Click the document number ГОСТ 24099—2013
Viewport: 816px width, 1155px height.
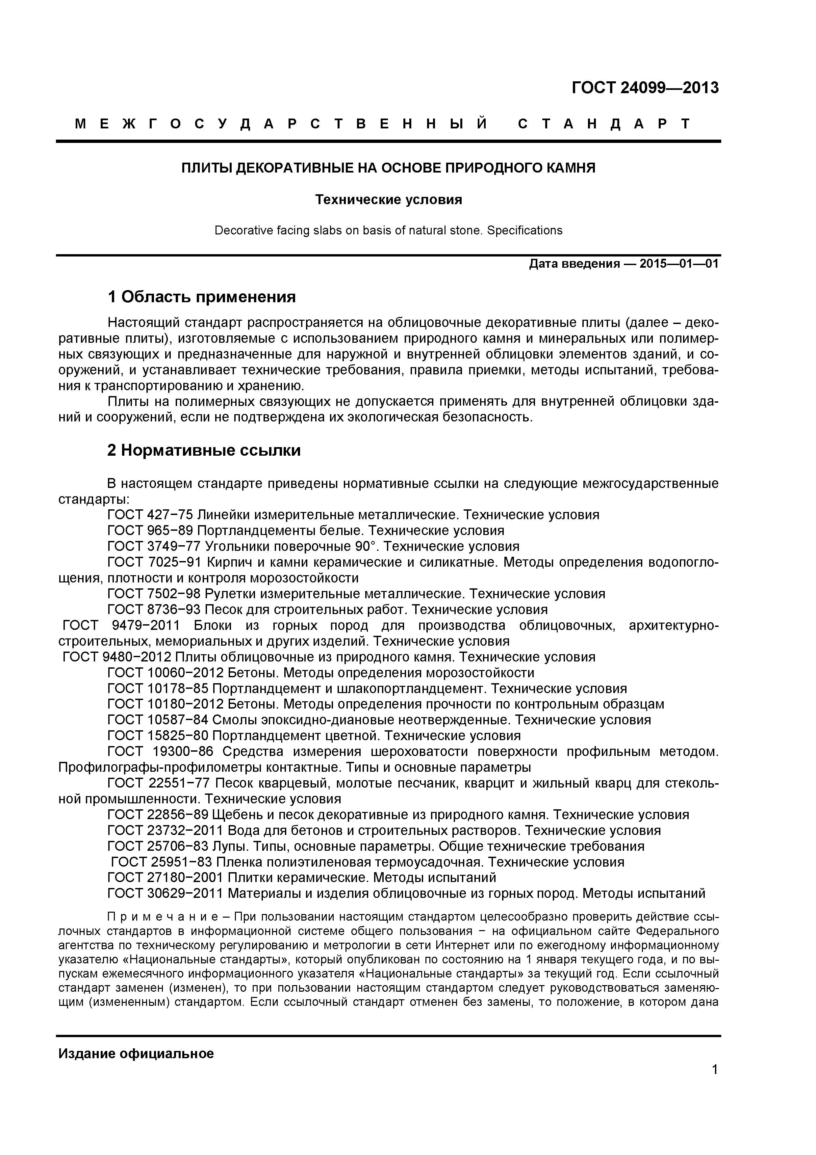(645, 88)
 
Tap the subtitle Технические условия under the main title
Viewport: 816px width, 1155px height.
(388, 200)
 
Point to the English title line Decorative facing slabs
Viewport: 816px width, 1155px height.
(388, 230)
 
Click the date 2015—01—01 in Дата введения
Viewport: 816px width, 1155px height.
(679, 264)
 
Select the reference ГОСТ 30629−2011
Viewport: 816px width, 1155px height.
(166, 894)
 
